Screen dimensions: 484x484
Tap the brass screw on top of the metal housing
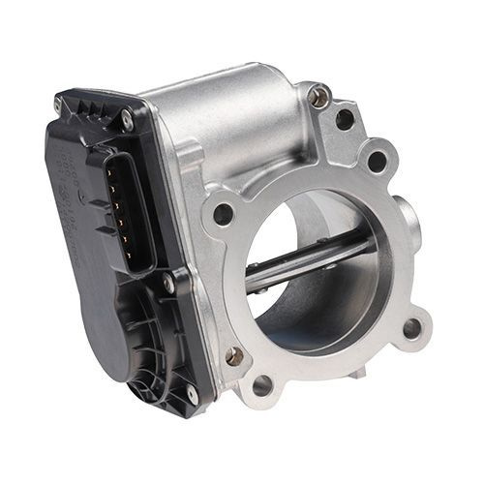318,96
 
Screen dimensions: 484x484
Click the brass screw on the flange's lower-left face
235,356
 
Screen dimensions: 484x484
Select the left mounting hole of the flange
223,214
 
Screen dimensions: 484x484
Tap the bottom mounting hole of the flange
260,386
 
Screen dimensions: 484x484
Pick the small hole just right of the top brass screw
345,120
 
